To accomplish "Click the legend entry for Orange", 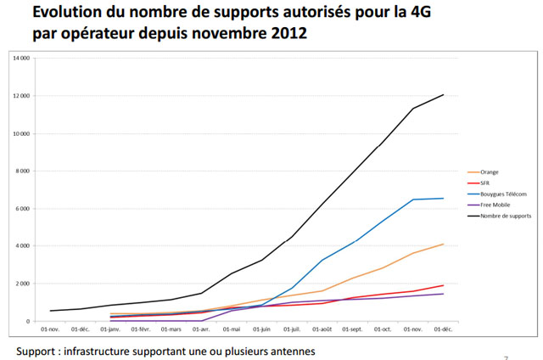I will click(x=490, y=172).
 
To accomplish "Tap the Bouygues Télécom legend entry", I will click(x=500, y=194).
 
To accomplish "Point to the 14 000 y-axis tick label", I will click(x=20, y=59).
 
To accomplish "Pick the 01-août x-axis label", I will click(x=322, y=329).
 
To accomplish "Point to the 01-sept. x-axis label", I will click(x=352, y=329).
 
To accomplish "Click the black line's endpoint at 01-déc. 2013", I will click(x=444, y=94).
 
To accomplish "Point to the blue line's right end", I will click(x=444, y=199).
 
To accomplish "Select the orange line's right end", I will click(x=444, y=245).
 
